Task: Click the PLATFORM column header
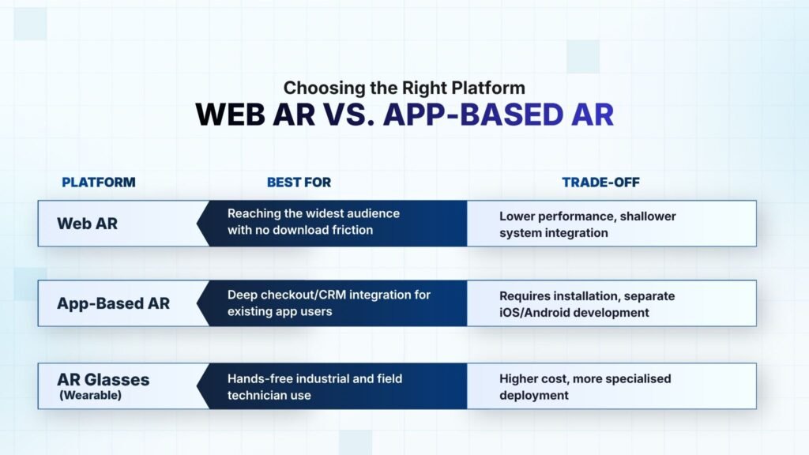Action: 99,182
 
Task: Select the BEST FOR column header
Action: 299,182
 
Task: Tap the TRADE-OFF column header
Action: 600,182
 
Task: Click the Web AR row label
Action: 87,224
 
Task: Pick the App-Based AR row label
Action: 113,303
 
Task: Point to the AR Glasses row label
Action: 103,380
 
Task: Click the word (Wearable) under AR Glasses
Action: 90,395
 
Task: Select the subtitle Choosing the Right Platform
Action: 404,88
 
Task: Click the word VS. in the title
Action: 348,115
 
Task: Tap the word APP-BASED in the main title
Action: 473,115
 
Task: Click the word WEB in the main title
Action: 230,115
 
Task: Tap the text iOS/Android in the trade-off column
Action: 535,313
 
